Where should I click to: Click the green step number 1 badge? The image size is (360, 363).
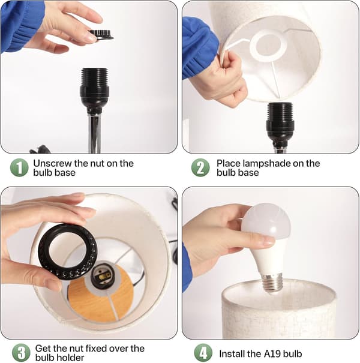coord(19,167)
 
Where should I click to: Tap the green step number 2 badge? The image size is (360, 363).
coord(200,167)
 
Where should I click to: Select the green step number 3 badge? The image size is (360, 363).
coord(21,353)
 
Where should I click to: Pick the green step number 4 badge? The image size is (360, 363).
coord(203,353)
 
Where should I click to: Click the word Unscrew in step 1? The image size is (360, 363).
coord(52,163)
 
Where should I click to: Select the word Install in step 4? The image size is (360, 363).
coord(232,354)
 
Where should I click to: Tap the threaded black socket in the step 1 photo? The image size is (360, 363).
coord(94,88)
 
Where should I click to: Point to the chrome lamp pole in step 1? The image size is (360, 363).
coord(94,132)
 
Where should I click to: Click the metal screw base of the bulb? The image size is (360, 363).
coord(272,282)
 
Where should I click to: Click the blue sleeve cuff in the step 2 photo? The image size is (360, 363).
coord(200,49)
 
